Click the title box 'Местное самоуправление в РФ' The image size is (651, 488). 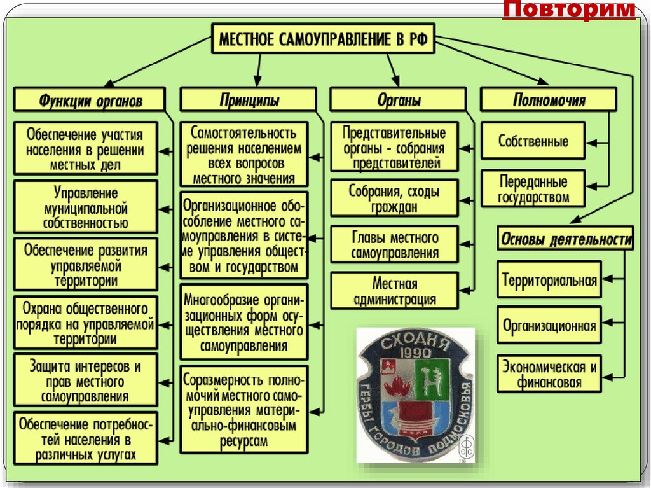[x=324, y=40]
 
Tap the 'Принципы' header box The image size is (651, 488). [x=249, y=100]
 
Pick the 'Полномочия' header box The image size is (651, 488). [x=549, y=100]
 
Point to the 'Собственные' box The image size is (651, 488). [x=533, y=141]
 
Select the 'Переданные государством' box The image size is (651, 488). [x=533, y=189]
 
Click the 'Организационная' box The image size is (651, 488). [x=549, y=326]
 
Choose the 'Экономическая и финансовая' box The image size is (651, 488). [x=549, y=375]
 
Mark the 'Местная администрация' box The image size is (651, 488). [x=394, y=291]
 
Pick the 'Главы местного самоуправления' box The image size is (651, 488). [x=394, y=245]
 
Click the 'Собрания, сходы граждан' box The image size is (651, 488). [x=394, y=199]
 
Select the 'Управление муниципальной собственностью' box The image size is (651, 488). [x=86, y=207]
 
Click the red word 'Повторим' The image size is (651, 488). [x=570, y=10]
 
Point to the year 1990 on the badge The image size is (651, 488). [x=416, y=352]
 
